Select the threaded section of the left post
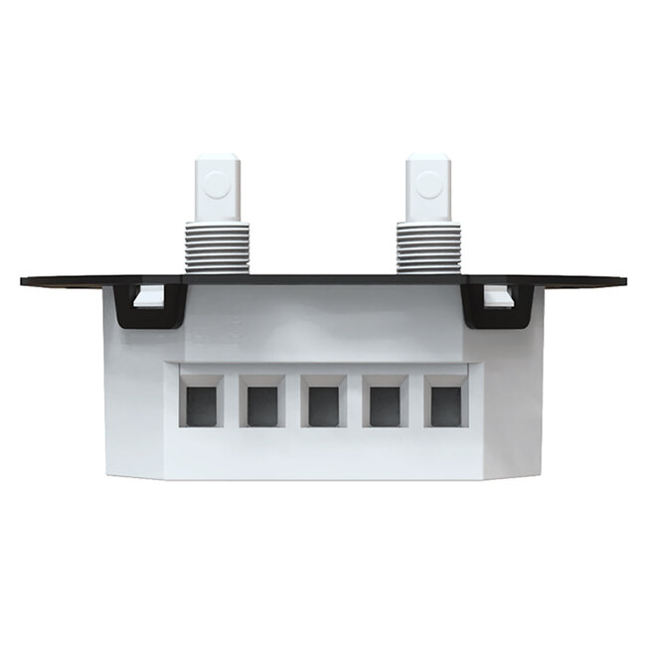click(x=217, y=246)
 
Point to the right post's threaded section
click(x=428, y=246)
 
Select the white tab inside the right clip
click(x=501, y=295)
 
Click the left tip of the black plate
click(x=24, y=280)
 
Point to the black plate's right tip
click(x=623, y=280)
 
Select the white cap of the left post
click(x=218, y=188)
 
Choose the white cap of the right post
click(x=428, y=188)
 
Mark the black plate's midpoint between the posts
click(x=323, y=279)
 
